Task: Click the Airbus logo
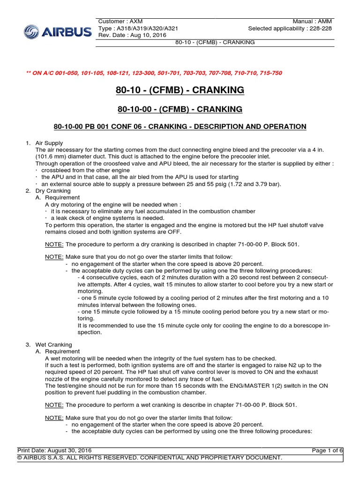(x=58, y=32)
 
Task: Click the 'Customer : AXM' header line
(x=120, y=22)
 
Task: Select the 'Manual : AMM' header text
(x=313, y=22)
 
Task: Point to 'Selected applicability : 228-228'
(x=291, y=29)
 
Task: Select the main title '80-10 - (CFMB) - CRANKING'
(x=180, y=90)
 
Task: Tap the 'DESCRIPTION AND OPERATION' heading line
(x=180, y=127)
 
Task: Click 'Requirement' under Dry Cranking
(x=63, y=198)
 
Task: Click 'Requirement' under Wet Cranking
(x=63, y=352)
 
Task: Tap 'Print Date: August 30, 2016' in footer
(x=52, y=450)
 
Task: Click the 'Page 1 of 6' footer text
(x=327, y=450)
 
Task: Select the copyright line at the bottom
(x=150, y=457)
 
